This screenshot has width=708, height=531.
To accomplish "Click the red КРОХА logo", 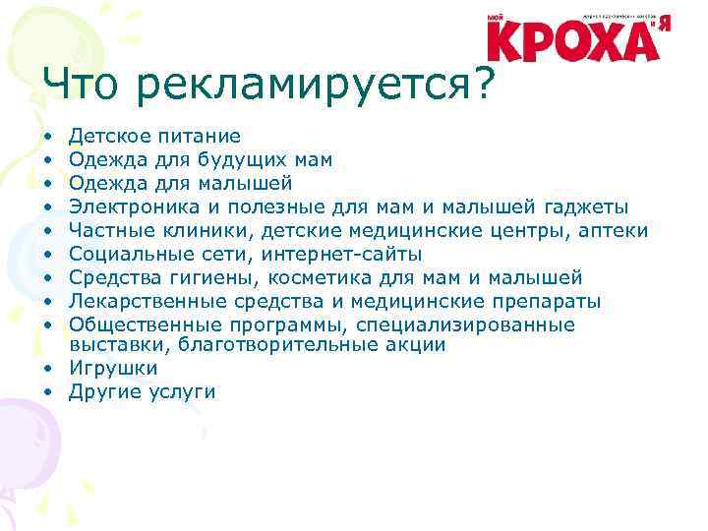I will (573, 38).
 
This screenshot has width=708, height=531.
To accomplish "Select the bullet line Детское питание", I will (154, 137).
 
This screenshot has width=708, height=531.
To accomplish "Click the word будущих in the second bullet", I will (243, 160).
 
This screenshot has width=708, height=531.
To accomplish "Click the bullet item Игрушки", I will (112, 369).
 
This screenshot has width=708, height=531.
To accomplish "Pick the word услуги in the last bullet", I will (181, 392).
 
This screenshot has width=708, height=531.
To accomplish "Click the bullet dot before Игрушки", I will (47, 370).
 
